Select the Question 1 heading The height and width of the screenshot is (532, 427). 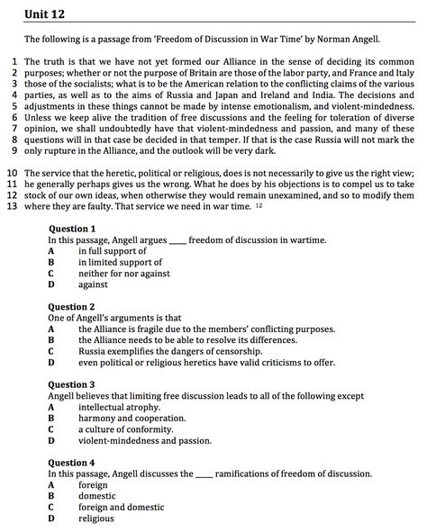coord(71,230)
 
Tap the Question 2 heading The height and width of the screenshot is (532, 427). coord(71,307)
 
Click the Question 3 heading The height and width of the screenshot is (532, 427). coord(71,384)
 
